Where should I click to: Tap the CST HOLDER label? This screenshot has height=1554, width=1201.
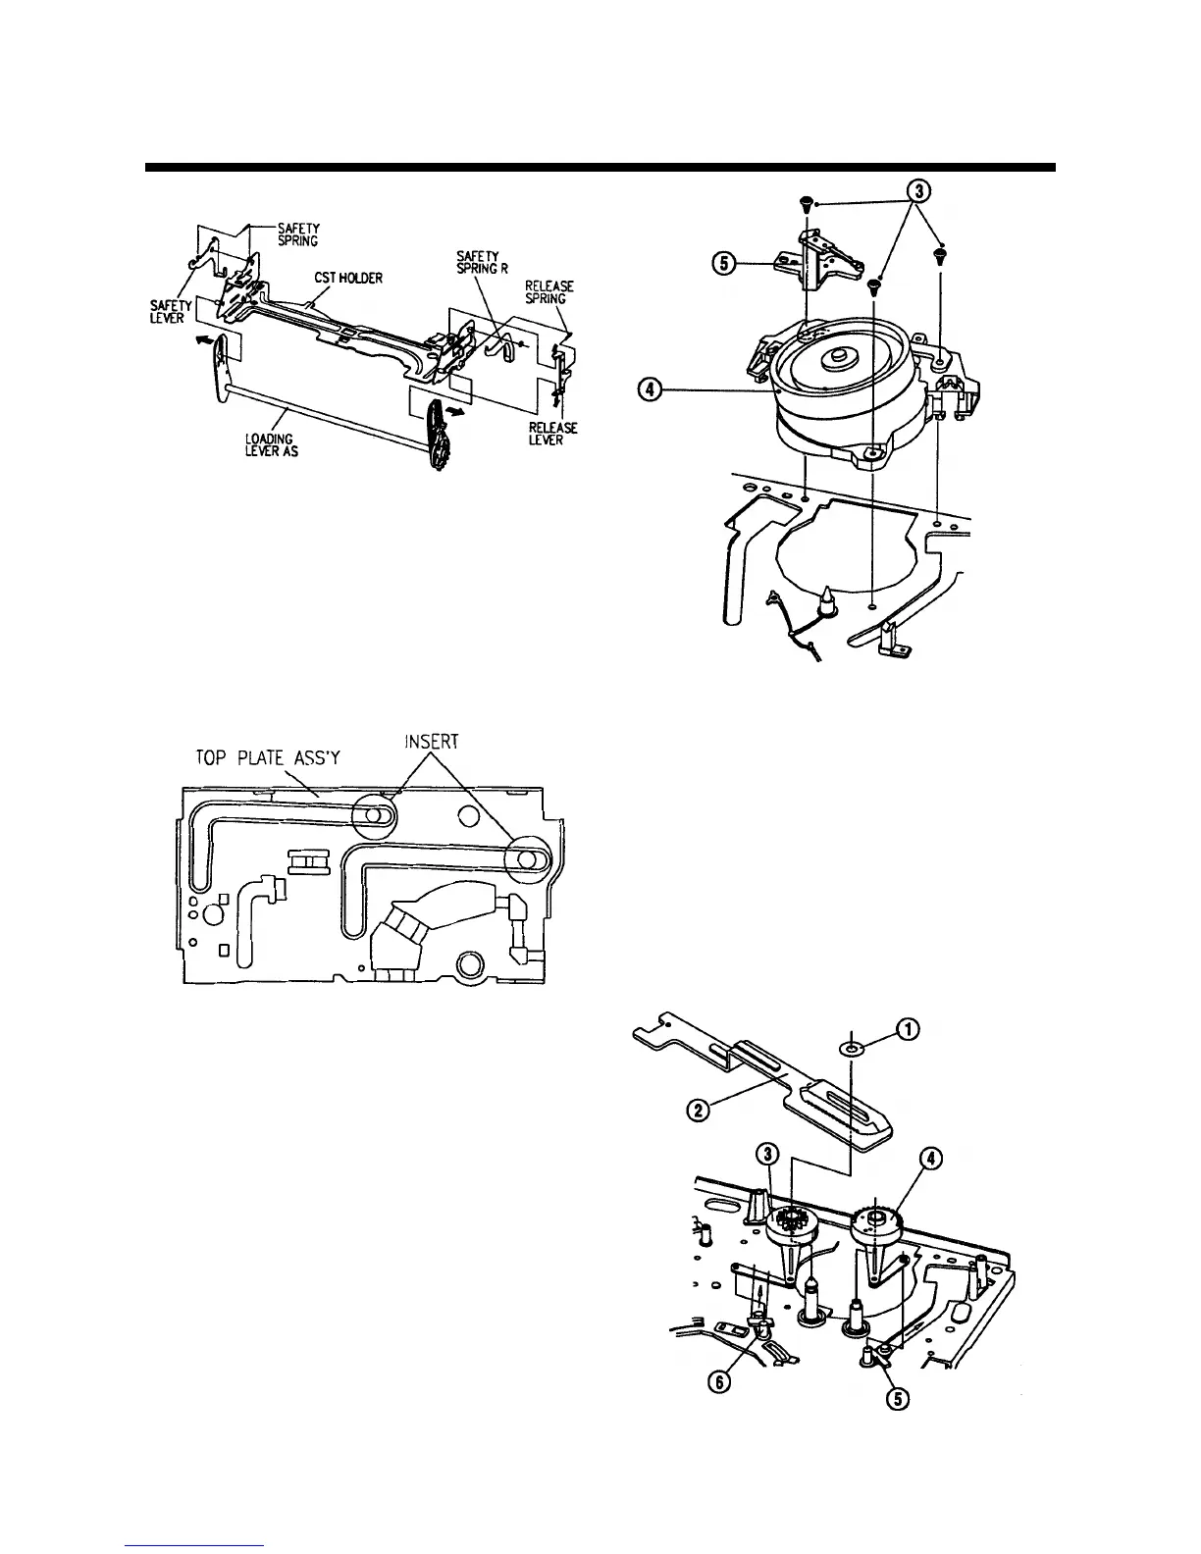click(348, 278)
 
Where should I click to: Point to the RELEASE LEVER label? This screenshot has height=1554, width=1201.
click(551, 433)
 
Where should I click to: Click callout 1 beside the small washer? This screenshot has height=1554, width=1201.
click(910, 1028)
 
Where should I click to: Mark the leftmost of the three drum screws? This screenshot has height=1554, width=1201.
click(805, 204)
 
